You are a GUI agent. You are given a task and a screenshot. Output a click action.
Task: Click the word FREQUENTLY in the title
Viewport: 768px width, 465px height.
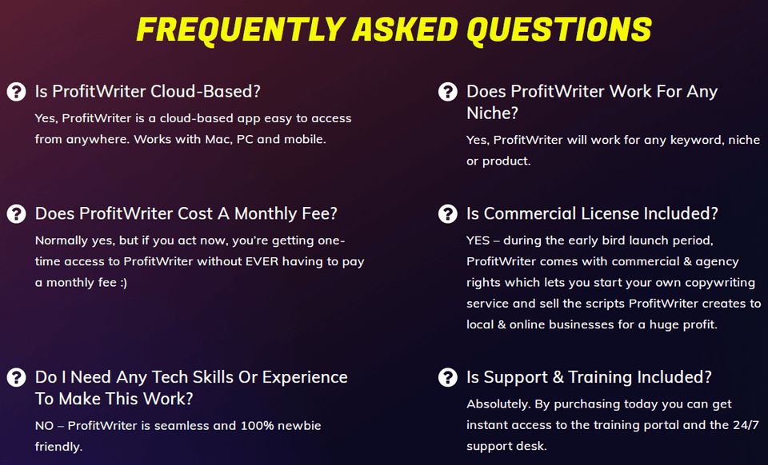tap(242, 30)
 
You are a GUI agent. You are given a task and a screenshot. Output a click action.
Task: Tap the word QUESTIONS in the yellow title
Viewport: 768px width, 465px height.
tap(559, 30)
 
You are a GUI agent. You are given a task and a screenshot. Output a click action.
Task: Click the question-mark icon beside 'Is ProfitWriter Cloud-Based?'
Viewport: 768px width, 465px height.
tap(16, 91)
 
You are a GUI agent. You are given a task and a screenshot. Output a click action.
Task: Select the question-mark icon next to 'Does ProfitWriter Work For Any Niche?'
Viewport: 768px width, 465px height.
tap(448, 91)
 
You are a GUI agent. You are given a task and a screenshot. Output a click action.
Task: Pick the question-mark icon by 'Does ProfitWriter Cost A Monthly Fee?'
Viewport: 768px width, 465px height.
tap(16, 213)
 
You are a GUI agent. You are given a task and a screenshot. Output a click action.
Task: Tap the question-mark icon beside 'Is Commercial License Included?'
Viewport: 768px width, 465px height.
tap(448, 213)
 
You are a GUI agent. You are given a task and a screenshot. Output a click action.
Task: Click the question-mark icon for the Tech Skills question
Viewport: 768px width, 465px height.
tap(16, 377)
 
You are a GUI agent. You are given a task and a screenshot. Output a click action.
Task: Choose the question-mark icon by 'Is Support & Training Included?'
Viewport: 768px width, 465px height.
tap(448, 377)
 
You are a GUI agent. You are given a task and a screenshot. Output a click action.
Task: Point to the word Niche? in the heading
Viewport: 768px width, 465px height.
tap(492, 113)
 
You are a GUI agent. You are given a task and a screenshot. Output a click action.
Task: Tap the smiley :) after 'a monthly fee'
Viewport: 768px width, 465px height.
tap(123, 283)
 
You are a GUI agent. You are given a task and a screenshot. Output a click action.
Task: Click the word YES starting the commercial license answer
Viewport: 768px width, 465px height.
tap(478, 240)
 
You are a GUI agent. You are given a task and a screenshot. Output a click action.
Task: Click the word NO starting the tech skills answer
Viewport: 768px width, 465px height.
tap(44, 426)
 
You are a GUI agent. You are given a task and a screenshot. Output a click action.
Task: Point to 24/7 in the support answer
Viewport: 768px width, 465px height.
tap(746, 425)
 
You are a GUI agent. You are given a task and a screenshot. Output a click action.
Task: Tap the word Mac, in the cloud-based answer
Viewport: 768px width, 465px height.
tap(218, 139)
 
